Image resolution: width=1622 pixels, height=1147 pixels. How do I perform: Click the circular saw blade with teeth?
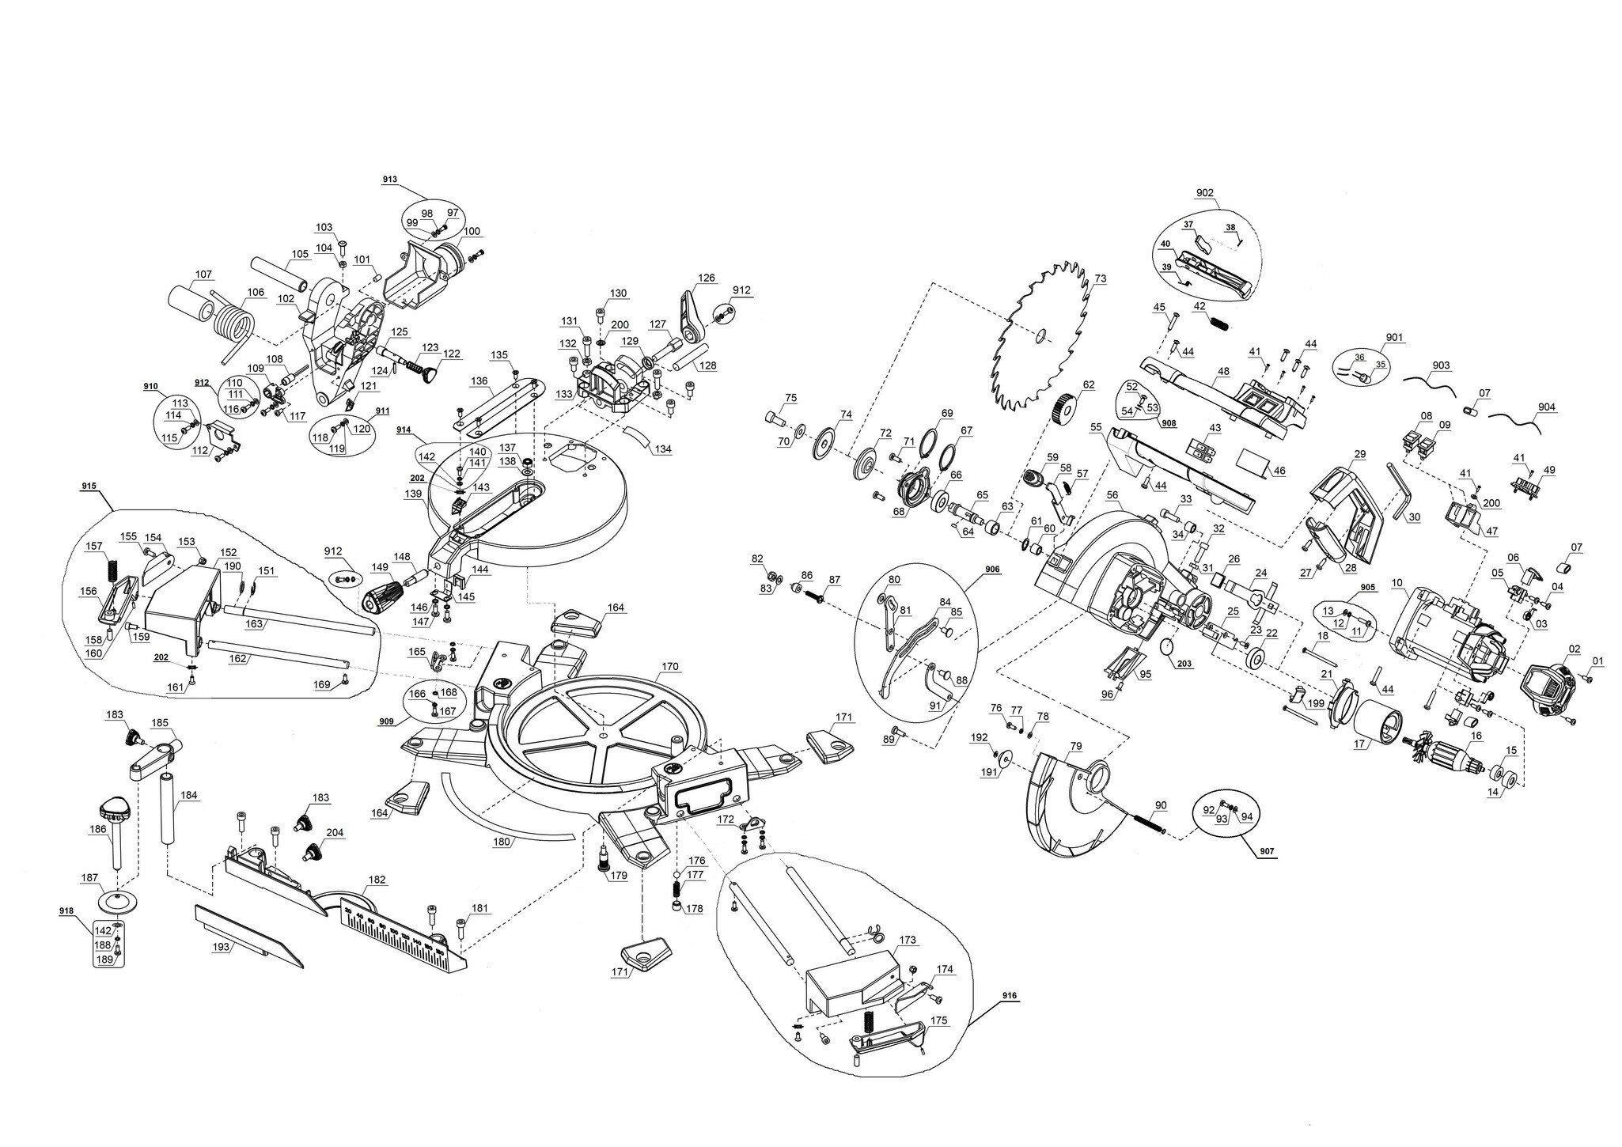click(1038, 336)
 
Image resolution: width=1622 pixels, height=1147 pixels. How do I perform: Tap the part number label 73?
click(1100, 278)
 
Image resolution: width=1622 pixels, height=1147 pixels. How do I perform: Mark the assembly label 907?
click(1264, 851)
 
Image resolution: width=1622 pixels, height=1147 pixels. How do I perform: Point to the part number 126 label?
click(706, 278)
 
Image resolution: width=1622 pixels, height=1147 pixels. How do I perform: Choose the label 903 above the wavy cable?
click(1441, 365)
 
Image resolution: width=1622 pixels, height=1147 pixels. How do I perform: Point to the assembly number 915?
click(89, 484)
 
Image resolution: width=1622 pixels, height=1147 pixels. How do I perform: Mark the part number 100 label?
click(471, 231)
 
